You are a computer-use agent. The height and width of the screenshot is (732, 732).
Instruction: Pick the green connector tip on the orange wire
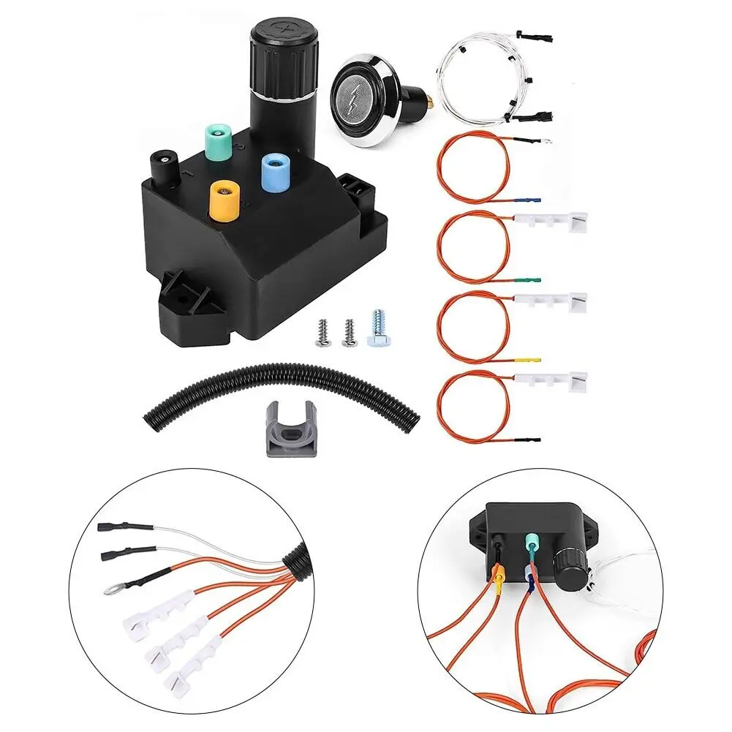click(x=531, y=279)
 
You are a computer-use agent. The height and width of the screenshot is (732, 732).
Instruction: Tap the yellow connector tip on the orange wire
click(x=531, y=360)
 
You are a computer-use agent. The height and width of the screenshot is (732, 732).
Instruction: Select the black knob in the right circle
click(x=567, y=565)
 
